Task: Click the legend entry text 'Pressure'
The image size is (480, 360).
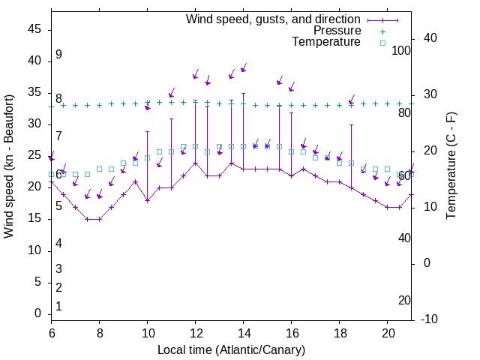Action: coord(337,31)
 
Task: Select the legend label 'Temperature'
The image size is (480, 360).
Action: coord(326,42)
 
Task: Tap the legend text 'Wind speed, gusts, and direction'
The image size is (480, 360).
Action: coord(274,19)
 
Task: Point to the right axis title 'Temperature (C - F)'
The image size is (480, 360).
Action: coord(451,165)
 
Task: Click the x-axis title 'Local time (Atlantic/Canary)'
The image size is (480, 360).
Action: coord(231,349)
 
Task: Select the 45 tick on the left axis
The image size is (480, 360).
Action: coord(35,29)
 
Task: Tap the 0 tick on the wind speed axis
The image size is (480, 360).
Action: coord(39,313)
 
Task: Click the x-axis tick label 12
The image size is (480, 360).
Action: coord(195,332)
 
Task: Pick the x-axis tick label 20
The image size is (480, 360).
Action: coord(387,332)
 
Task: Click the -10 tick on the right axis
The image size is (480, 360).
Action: coord(427,319)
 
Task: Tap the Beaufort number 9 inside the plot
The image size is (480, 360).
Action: coord(58,55)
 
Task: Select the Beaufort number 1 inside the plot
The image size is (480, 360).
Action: coord(58,306)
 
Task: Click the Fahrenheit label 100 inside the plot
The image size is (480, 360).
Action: coord(401,50)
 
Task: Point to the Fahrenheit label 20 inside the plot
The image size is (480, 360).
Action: coord(404,300)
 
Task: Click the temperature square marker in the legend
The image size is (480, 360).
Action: coord(382,43)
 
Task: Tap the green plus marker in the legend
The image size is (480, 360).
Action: coord(382,31)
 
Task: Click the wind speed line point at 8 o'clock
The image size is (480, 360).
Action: coord(99,219)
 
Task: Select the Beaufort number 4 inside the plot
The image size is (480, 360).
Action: coord(58,243)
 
